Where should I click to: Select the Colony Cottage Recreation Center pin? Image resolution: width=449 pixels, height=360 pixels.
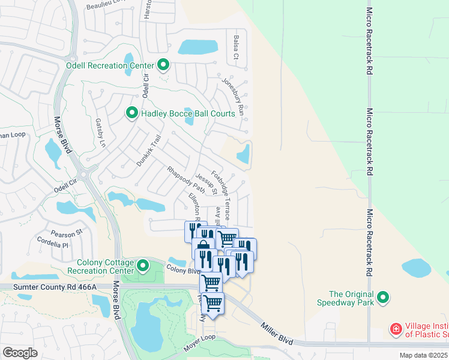[x=143, y=265]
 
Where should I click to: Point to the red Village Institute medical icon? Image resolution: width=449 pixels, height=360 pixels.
[x=396, y=329]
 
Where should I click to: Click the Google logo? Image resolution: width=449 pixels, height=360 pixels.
[x=20, y=353]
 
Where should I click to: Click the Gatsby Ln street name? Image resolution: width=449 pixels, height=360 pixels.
[x=100, y=133]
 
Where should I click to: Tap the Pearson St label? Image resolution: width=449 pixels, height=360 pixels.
[x=67, y=233]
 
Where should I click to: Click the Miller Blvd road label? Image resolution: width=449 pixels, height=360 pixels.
[x=277, y=334]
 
